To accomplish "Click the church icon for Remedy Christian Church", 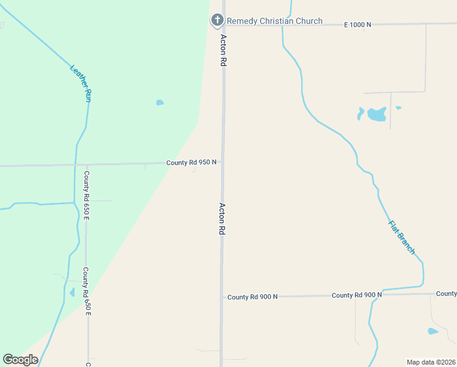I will tap(217, 21).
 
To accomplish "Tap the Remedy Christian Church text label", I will tap(274, 21).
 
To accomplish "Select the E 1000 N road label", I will tap(357, 24).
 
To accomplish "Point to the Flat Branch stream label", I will tap(401, 237).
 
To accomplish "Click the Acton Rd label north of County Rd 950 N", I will tap(224, 50).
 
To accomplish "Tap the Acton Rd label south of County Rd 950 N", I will tap(222, 219).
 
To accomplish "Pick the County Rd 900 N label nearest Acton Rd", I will tap(252, 297).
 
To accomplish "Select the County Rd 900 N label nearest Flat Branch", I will tap(357, 295).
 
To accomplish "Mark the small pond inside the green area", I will tap(159, 103).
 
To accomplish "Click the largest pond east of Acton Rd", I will tap(376, 114).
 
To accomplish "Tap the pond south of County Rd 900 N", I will tap(433, 332).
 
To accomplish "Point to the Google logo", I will tap(20, 360).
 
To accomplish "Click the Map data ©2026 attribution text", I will tap(430, 362).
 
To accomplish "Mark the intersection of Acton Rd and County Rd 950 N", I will tap(222, 163).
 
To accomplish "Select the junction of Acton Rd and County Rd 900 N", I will tap(221, 297).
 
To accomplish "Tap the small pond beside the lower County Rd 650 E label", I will tap(72, 292).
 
